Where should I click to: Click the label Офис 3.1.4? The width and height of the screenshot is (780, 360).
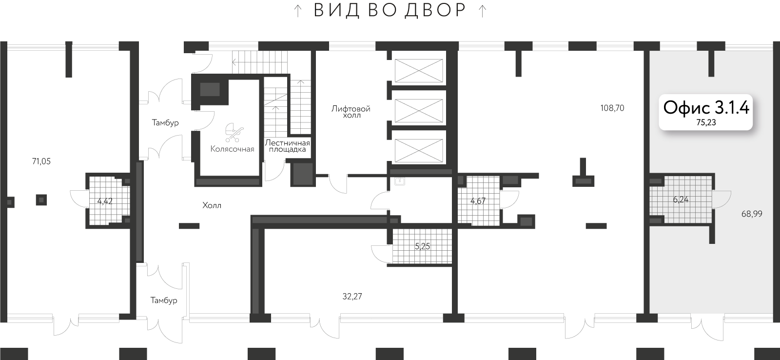point(706,107)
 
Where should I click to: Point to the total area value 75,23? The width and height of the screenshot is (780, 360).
point(706,123)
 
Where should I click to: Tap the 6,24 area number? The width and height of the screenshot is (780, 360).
point(681,199)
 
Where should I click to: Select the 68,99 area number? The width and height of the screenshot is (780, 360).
point(751,214)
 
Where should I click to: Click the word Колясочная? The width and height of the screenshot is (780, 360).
point(232,149)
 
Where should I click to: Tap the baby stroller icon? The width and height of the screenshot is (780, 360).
point(234,132)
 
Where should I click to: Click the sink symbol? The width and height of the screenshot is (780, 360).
point(400,181)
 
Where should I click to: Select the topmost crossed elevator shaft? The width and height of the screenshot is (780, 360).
point(419,71)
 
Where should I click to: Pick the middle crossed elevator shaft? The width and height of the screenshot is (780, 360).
point(419,111)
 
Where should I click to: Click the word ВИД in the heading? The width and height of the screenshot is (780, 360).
point(336,11)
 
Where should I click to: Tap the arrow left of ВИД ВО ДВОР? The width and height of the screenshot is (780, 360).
point(298,11)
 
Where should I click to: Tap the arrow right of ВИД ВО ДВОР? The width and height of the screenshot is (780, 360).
point(482,11)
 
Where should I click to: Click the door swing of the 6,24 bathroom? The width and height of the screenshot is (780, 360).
point(722,199)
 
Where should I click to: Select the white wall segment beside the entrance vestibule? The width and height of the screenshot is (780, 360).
point(186,291)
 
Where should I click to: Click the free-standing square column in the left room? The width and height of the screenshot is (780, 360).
point(41,199)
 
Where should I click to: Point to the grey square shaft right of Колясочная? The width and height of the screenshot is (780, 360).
point(302,174)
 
